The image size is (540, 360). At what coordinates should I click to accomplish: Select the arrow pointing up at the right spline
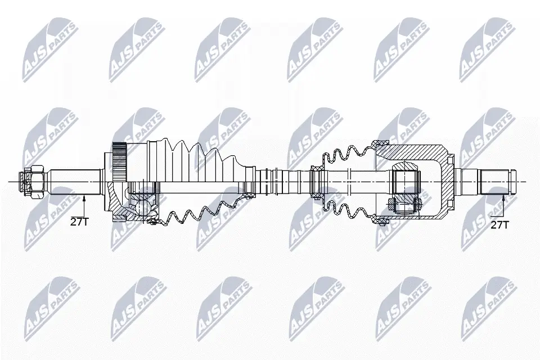click(x=503, y=202)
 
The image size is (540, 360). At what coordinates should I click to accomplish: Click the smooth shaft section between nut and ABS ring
click(x=76, y=181)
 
